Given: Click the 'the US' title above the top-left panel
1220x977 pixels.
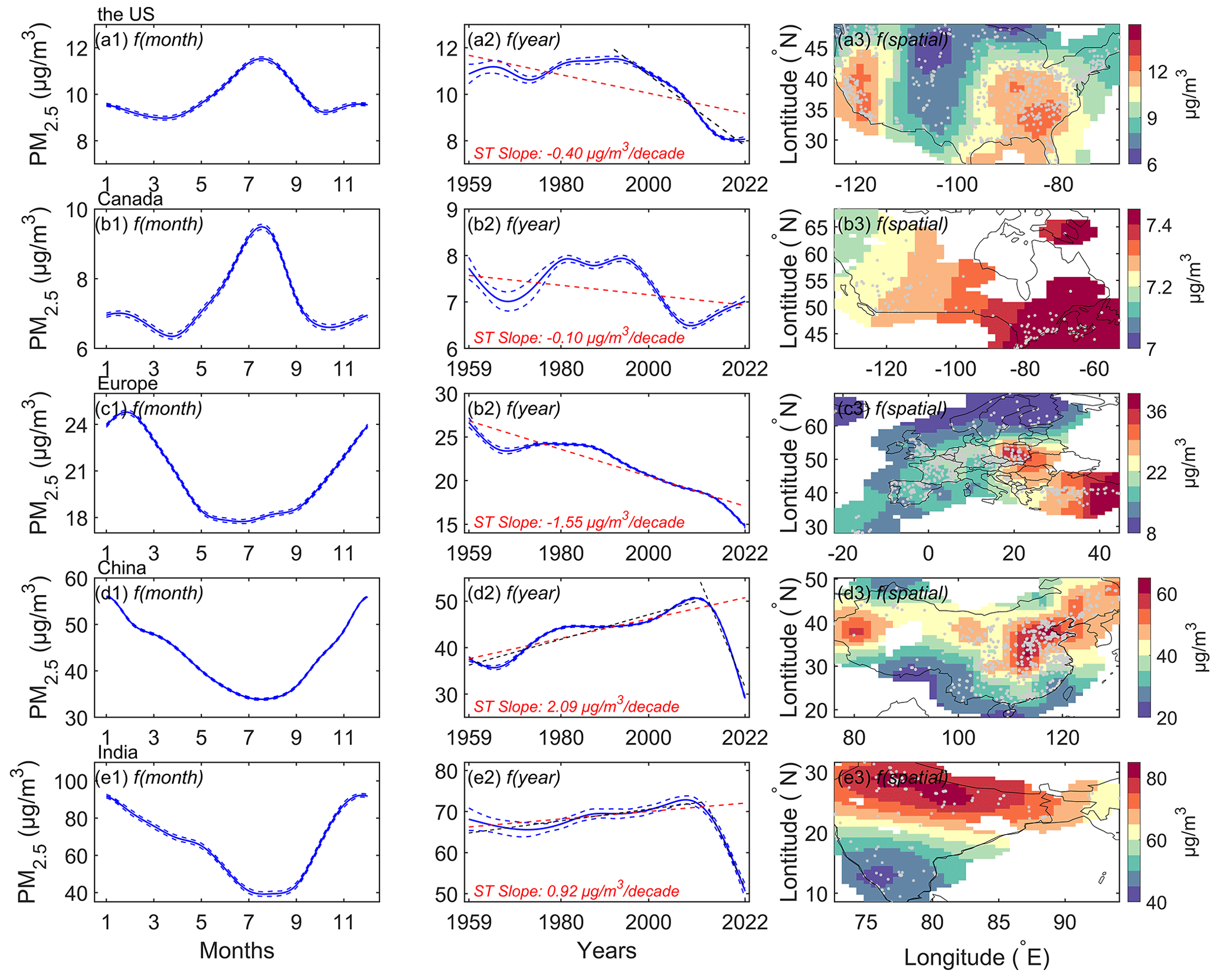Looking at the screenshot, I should [x=125, y=14].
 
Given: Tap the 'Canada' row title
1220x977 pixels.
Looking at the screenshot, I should [x=130, y=199].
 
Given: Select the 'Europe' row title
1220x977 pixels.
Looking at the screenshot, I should [x=127, y=384].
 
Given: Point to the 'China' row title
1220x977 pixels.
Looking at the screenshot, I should [x=122, y=568].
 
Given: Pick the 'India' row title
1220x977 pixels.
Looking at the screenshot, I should [x=117, y=752].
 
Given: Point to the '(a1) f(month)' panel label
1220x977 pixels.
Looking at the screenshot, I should [x=149, y=40].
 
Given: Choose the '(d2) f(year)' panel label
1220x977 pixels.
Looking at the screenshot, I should [x=513, y=593].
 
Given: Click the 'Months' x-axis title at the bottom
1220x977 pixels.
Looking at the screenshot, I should [x=237, y=950].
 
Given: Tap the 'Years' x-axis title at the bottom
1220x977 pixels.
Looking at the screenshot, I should [x=607, y=950].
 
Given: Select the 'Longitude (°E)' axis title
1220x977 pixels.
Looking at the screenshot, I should [x=977, y=958].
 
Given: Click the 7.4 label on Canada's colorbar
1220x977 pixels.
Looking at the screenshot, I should [x=1158, y=226].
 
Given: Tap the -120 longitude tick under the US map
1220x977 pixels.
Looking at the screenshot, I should [x=856, y=185].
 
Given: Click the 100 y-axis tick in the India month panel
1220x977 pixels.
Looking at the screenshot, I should [x=71, y=782].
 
